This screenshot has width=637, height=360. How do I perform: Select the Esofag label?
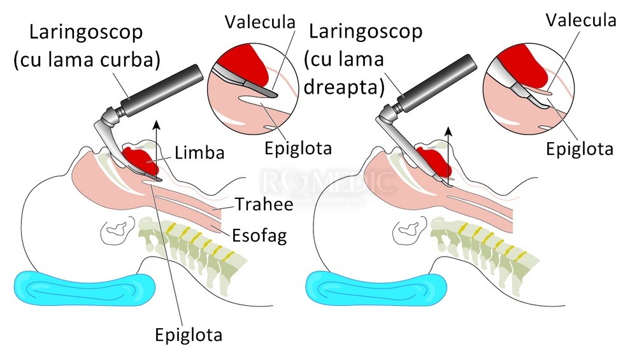(259, 236)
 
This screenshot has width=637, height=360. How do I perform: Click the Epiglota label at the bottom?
(189, 334)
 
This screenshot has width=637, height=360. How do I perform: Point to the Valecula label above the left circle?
(261, 22)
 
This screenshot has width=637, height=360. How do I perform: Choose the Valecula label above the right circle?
(582, 20)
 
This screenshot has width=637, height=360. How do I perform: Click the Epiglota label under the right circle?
(580, 149)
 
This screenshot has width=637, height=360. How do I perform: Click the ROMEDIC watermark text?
(328, 181)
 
